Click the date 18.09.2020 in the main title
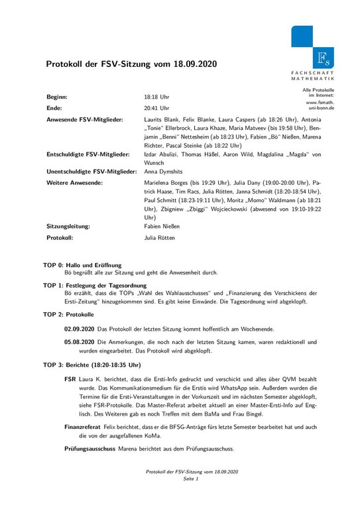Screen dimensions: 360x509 (x=190, y=64)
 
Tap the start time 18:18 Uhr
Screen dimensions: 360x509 (x=157, y=96)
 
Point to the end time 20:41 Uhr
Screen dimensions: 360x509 (x=157, y=107)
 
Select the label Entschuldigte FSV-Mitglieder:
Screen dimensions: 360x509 (x=87, y=154)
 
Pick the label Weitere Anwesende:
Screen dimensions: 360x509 (x=74, y=182)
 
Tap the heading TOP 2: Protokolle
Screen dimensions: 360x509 (x=69, y=313)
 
